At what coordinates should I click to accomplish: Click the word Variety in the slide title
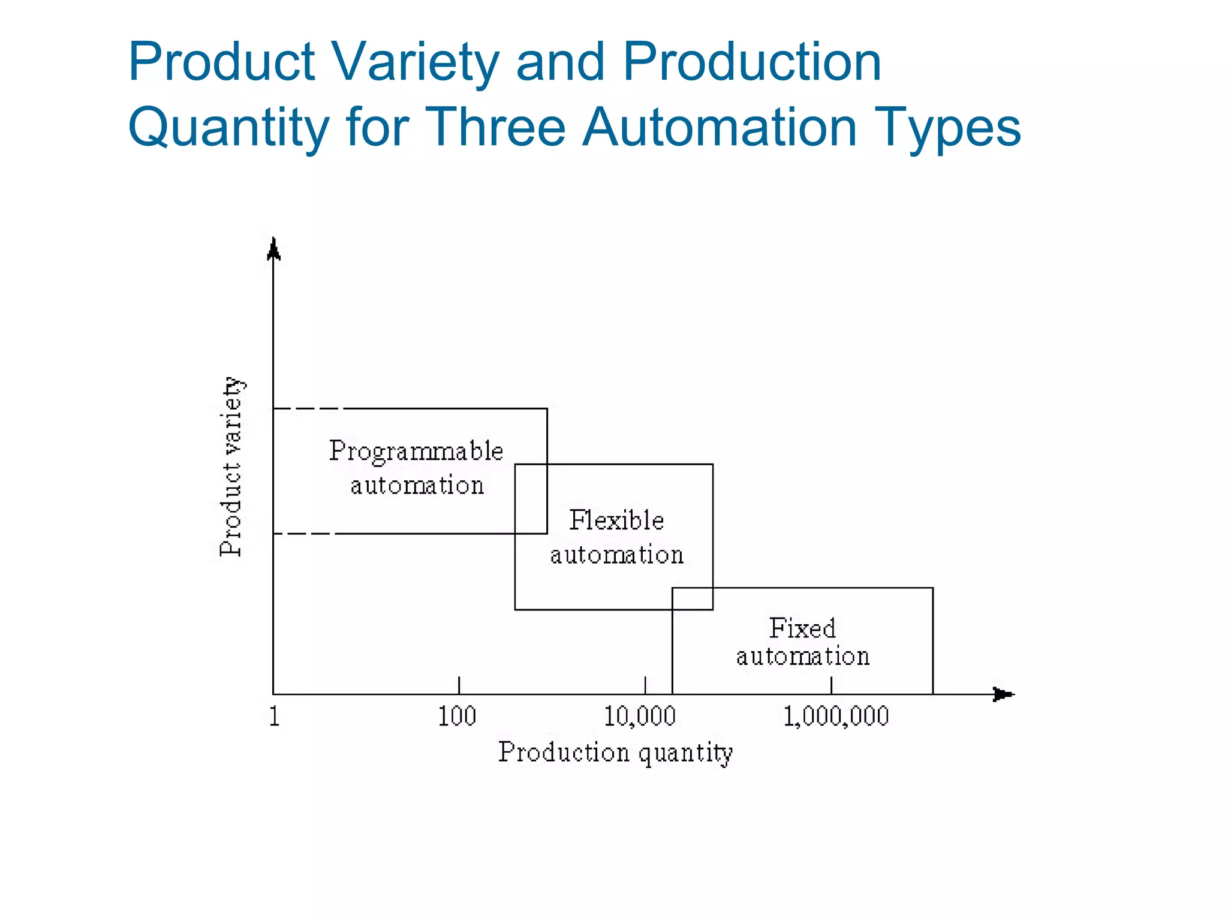click(415, 62)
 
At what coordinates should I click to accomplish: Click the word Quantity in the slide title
click(228, 128)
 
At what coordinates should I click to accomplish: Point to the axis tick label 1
click(274, 717)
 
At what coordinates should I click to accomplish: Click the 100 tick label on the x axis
click(457, 717)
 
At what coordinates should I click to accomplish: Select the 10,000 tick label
click(640, 717)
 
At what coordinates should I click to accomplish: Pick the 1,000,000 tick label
click(836, 717)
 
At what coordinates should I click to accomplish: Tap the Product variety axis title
click(231, 466)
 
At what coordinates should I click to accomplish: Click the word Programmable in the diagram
click(416, 451)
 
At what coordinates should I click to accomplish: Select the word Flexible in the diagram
click(616, 520)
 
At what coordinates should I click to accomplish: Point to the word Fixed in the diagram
click(802, 628)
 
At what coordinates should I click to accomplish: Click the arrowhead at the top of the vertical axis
click(273, 248)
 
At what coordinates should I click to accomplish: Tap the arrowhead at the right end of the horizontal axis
click(1003, 694)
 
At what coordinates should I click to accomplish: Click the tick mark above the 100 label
click(459, 685)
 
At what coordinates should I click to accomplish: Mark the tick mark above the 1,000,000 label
click(831, 685)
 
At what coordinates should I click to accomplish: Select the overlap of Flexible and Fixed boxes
click(693, 598)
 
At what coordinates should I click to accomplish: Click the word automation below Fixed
click(803, 657)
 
